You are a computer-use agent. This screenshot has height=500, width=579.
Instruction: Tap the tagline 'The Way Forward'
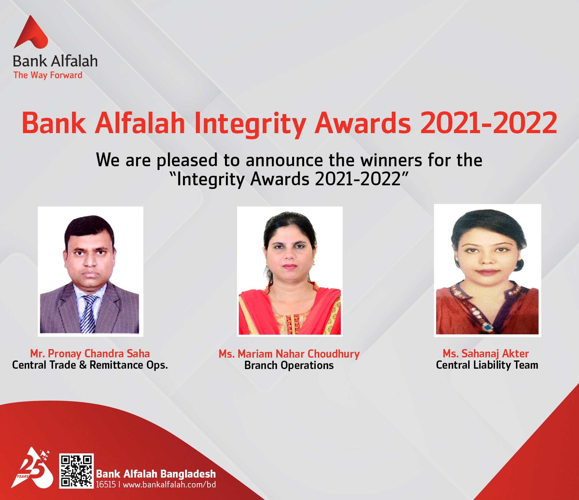point(48,75)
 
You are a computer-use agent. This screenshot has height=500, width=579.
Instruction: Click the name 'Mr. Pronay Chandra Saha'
point(90,353)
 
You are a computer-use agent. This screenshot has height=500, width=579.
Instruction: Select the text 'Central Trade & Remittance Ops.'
point(90,365)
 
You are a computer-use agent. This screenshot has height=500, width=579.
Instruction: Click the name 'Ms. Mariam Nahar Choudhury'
point(289,354)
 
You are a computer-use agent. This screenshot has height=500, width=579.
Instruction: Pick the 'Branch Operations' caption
point(289,365)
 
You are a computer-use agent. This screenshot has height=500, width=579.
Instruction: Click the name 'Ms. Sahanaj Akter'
point(486,353)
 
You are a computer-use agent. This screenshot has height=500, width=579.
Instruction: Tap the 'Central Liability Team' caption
point(487,365)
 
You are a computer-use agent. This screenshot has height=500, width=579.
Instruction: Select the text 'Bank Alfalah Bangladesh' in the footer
point(156,474)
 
